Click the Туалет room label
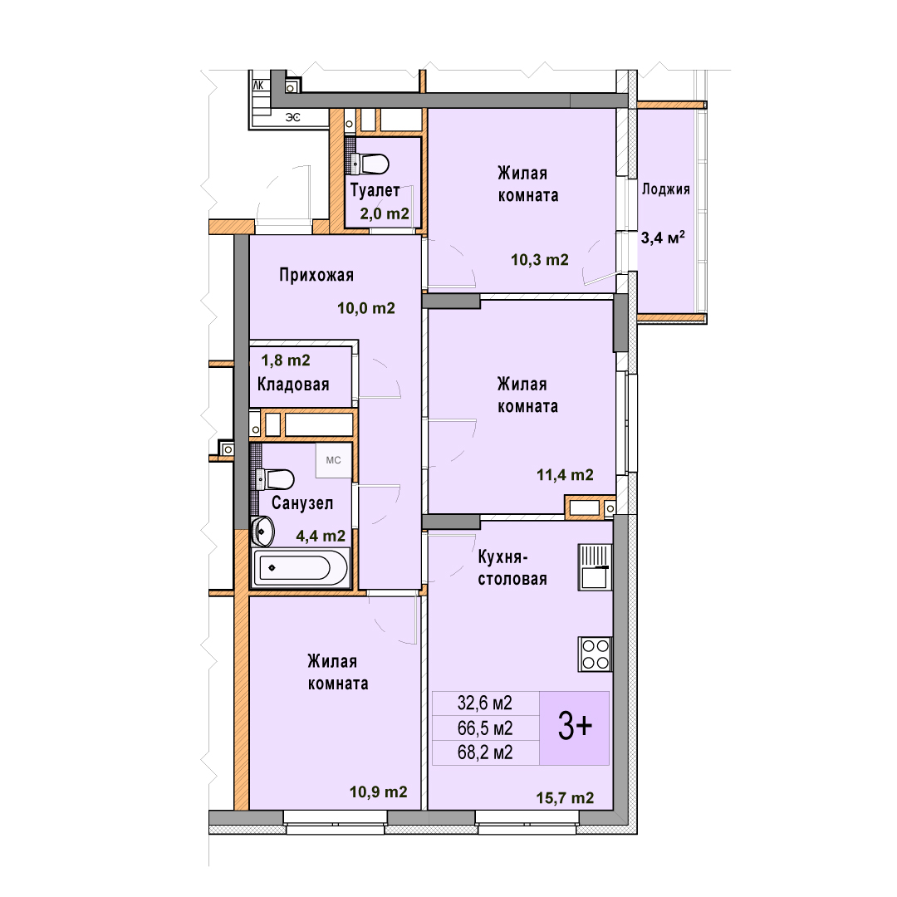point(375,190)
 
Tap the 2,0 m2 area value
point(385,214)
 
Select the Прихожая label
point(316,275)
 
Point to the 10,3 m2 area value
point(540,260)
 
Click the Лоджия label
point(666,189)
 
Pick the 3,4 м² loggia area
point(663,237)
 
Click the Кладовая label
point(293,384)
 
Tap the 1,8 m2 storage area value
point(286,360)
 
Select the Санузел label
point(302,502)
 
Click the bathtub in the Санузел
point(301,567)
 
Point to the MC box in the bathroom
point(334,460)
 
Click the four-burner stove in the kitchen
point(595,654)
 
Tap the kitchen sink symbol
point(595,567)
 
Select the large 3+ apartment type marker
point(575,727)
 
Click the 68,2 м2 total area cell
point(484,752)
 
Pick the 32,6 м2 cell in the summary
point(484,703)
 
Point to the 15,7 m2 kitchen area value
point(565,797)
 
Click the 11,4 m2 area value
point(565,475)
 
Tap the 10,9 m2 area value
point(378,792)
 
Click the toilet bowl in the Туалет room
point(370,164)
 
